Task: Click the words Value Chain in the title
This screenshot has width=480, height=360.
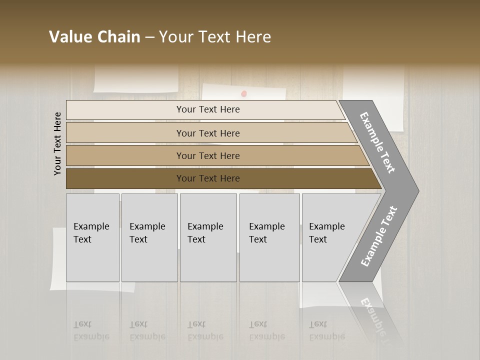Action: click(x=94, y=37)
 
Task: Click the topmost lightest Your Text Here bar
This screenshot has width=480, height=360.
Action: click(x=208, y=109)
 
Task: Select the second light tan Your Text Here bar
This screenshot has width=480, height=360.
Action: click(x=208, y=133)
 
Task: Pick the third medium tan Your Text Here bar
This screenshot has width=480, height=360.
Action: click(x=208, y=155)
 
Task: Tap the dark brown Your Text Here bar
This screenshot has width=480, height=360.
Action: click(x=208, y=178)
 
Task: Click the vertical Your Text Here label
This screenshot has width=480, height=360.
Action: click(x=57, y=143)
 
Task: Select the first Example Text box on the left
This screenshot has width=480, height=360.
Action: click(x=92, y=237)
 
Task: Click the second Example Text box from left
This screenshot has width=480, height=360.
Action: click(x=149, y=237)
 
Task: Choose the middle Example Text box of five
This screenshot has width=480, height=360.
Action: click(x=208, y=237)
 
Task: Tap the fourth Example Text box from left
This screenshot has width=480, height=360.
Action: click(x=269, y=237)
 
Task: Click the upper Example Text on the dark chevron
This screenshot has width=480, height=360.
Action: click(x=377, y=142)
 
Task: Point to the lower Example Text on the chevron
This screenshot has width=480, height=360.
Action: click(x=379, y=236)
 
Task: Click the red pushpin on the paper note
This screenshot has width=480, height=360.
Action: click(x=244, y=93)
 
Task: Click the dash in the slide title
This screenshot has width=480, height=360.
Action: click(x=149, y=37)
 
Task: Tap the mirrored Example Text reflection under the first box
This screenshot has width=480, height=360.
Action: click(x=91, y=330)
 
